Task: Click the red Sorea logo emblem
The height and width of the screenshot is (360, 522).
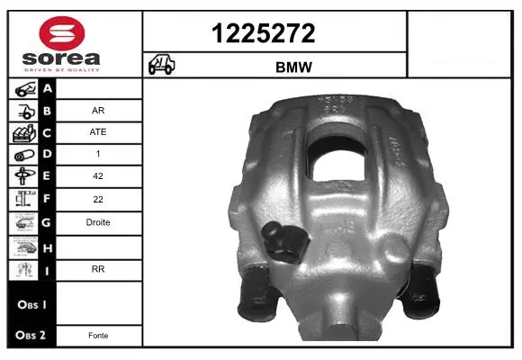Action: tap(62, 33)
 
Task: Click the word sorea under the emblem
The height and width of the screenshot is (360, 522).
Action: tap(61, 58)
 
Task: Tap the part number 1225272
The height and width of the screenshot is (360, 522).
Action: tap(264, 33)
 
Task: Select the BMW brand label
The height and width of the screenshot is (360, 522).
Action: tap(293, 67)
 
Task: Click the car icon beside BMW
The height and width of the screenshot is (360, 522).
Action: tap(161, 64)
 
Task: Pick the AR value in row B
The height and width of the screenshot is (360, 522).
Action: tap(98, 110)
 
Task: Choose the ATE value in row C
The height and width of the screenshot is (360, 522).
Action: tap(98, 132)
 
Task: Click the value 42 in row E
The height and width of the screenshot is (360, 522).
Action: tap(98, 175)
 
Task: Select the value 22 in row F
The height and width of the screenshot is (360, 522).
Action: tap(98, 199)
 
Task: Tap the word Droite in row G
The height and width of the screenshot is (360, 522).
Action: tap(98, 222)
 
